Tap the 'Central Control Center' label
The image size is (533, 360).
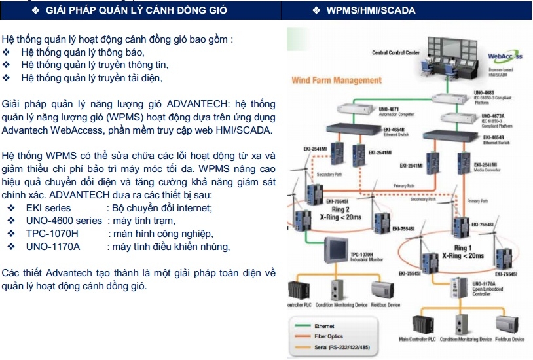tap(395, 53)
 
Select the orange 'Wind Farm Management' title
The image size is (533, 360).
tap(336, 81)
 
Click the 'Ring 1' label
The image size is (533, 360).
tap(462, 248)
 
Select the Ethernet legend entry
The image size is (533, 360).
tap(325, 325)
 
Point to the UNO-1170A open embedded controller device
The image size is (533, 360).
tap(455, 286)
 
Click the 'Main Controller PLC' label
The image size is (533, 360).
tap(418, 340)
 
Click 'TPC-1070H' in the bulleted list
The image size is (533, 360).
tap(52, 234)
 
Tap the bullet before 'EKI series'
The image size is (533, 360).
tap(12, 207)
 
